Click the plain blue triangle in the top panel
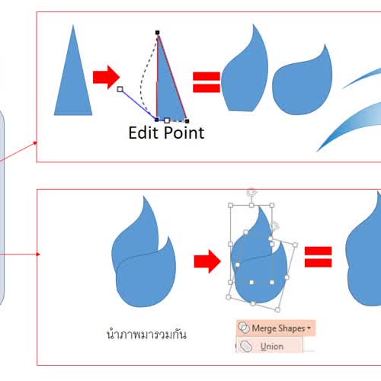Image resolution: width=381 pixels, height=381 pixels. (x=73, y=82)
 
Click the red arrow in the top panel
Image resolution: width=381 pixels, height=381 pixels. (x=106, y=77)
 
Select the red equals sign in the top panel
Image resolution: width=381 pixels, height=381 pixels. (x=207, y=82)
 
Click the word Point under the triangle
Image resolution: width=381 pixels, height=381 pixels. (x=184, y=133)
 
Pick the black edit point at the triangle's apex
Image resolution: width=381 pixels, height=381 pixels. (x=158, y=33)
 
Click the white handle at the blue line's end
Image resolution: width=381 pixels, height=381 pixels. (x=120, y=89)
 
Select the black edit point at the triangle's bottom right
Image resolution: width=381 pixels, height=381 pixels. (x=187, y=121)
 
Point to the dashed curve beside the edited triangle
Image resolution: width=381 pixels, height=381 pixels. (x=144, y=76)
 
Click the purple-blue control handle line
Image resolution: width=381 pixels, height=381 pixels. (x=139, y=104)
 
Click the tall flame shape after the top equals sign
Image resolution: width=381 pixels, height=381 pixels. (x=245, y=69)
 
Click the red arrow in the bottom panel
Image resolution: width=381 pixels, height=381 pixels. (x=207, y=261)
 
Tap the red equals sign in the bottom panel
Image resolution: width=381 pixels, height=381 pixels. (x=319, y=257)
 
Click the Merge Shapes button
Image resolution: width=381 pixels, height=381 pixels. (x=276, y=328)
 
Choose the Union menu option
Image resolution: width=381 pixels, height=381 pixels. (x=270, y=346)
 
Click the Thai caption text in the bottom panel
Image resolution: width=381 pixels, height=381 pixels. (x=146, y=334)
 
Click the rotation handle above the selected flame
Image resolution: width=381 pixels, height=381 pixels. (x=251, y=192)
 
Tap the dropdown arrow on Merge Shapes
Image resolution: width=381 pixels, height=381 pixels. (x=309, y=328)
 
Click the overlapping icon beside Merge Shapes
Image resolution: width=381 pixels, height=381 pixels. (x=244, y=328)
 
